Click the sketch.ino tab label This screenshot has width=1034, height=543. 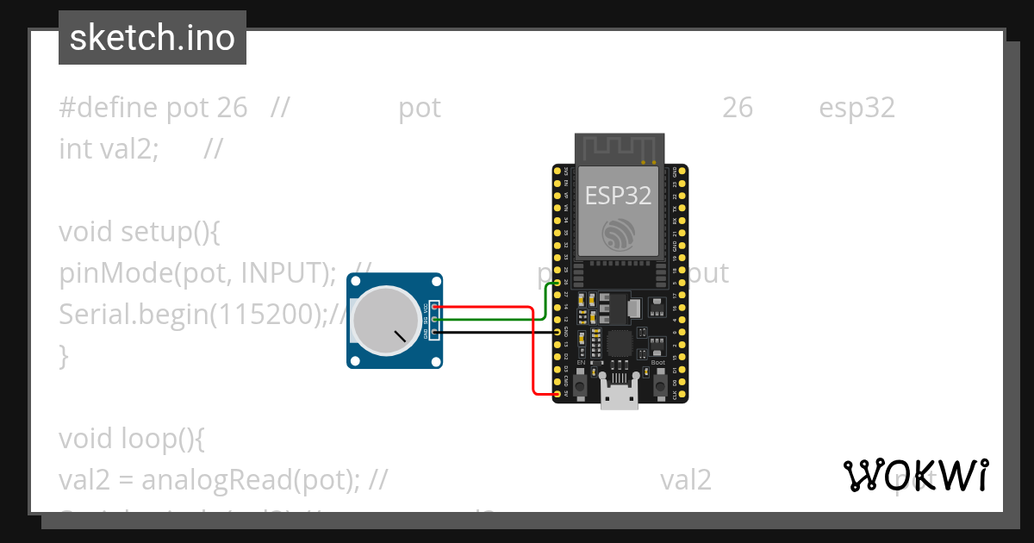(152, 38)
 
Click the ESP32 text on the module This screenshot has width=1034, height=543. (618, 196)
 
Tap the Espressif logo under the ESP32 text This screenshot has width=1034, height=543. (619, 235)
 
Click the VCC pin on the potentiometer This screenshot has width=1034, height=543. (436, 306)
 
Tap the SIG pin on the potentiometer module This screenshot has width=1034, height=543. (436, 319)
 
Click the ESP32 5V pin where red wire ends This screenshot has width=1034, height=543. (557, 394)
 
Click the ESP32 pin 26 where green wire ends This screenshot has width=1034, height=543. (557, 283)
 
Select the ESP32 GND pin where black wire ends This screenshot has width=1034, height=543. (557, 332)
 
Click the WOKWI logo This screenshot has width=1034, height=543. (915, 475)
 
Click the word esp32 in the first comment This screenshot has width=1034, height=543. (856, 108)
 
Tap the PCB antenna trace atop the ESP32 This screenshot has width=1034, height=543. (619, 147)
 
